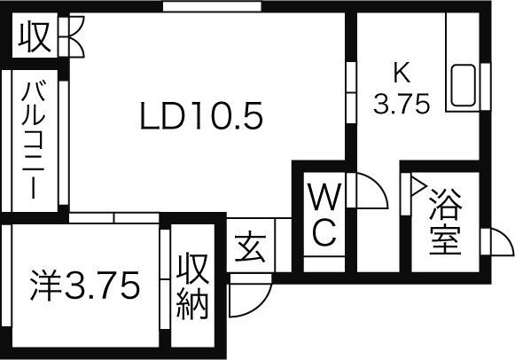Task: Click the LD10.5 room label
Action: tap(201, 115)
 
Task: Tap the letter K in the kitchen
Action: tap(402, 73)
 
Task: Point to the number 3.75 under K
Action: tap(402, 104)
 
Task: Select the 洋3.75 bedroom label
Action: tap(85, 286)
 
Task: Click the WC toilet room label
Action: tap(324, 215)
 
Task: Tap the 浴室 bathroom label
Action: tap(445, 222)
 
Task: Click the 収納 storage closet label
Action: tap(192, 286)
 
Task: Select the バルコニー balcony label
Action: tap(34, 141)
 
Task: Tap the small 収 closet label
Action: tap(35, 36)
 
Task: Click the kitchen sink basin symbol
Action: tap(463, 85)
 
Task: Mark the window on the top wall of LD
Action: tap(212, 6)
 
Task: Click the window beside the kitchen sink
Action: tap(486, 86)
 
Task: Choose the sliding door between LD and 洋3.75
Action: tap(113, 218)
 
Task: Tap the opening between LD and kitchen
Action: tap(351, 92)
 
